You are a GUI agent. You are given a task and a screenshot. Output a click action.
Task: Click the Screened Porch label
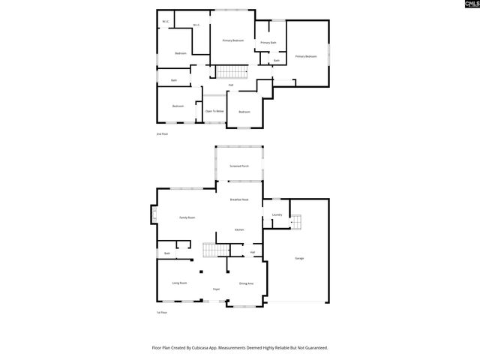click(239, 166)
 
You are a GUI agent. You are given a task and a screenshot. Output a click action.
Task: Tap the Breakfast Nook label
click(239, 199)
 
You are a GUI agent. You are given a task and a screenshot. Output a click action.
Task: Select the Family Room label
click(187, 217)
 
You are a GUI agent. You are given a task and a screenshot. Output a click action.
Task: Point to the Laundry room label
click(277, 215)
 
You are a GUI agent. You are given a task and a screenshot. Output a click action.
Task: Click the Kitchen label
click(239, 229)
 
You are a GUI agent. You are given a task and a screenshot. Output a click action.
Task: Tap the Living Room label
click(179, 283)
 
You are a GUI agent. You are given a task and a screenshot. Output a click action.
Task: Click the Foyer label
click(216, 289)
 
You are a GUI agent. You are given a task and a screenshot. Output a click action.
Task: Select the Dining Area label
click(246, 283)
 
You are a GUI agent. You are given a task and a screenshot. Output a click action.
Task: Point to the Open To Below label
click(214, 111)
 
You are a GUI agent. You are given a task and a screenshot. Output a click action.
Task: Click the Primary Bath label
click(268, 43)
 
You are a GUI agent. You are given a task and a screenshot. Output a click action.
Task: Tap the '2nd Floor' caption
click(161, 133)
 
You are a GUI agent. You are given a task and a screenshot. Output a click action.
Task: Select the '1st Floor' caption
click(161, 312)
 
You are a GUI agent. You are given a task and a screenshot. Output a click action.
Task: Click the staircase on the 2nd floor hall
click(232, 72)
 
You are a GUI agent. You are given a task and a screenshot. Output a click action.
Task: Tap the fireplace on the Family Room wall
click(154, 217)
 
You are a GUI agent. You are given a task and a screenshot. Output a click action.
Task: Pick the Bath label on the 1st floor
click(167, 253)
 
